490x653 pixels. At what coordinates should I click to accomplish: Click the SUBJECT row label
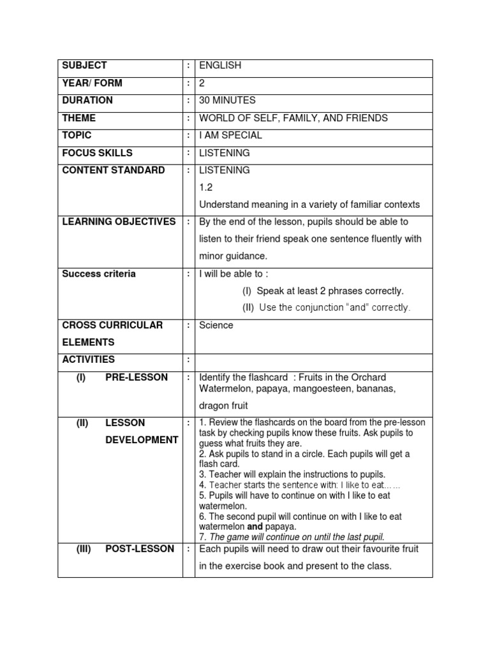tap(84, 66)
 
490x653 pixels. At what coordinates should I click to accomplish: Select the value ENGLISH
tap(220, 66)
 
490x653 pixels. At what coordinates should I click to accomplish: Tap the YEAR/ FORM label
tap(92, 83)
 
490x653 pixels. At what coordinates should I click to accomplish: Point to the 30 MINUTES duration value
tap(227, 100)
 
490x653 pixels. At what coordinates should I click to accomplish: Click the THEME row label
tap(79, 118)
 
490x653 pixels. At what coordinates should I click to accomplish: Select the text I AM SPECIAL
tap(230, 135)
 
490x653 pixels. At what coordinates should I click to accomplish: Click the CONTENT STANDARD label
tap(113, 170)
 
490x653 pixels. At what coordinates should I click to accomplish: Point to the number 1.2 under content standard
tap(205, 187)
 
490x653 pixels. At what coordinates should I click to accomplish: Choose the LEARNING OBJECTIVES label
tap(119, 222)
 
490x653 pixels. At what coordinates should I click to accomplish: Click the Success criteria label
tap(98, 274)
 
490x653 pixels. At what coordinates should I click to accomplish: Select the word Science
tap(216, 325)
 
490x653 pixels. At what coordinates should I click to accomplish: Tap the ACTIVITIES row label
tap(88, 360)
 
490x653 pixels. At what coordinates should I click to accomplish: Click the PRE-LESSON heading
tap(137, 378)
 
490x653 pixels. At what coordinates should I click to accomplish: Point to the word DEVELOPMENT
tap(142, 440)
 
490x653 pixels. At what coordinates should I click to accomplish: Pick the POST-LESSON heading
tap(140, 549)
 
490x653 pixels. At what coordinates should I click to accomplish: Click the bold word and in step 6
tap(255, 527)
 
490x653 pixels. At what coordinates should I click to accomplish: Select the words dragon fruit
tap(223, 406)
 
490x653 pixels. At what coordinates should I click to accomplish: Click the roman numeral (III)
tap(84, 549)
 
